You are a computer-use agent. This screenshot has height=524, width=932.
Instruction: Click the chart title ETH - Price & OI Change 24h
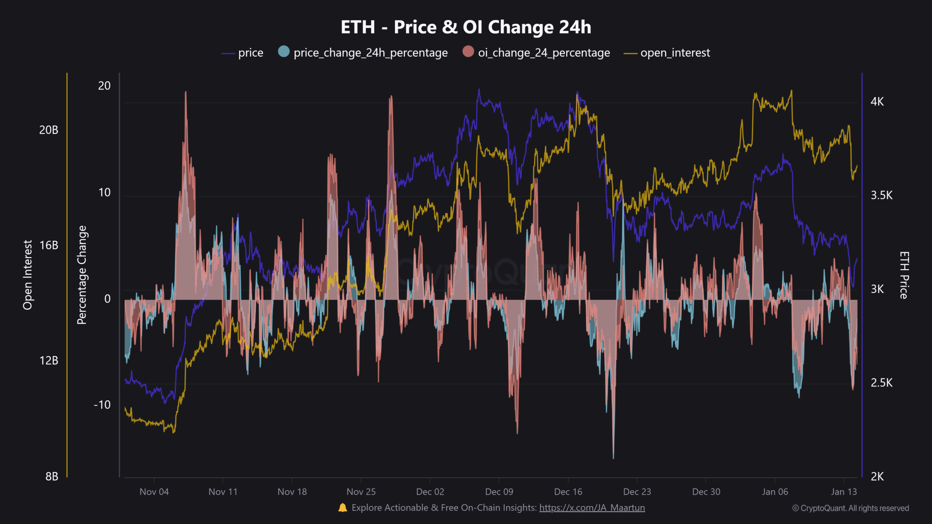(466, 27)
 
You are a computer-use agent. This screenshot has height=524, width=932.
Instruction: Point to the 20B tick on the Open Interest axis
(49, 130)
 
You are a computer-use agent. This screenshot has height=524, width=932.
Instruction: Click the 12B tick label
(49, 361)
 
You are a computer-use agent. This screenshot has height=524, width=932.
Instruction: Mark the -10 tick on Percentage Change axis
(102, 405)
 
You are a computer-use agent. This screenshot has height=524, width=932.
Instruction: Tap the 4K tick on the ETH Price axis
(877, 102)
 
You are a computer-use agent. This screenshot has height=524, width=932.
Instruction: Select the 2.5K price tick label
(881, 383)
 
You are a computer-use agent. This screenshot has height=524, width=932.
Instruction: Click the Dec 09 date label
(499, 492)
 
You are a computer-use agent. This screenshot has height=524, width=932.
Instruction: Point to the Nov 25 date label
(361, 492)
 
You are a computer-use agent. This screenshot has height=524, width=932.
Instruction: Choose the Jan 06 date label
(775, 492)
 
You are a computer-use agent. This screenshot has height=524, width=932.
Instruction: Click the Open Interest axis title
(28, 275)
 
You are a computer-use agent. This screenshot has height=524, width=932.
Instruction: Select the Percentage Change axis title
(82, 275)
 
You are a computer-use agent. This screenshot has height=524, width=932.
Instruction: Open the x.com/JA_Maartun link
(592, 508)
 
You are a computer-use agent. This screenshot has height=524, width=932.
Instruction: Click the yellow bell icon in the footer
(343, 508)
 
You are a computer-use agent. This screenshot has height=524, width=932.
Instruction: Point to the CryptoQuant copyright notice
(850, 508)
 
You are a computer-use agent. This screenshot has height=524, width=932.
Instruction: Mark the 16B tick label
(49, 245)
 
